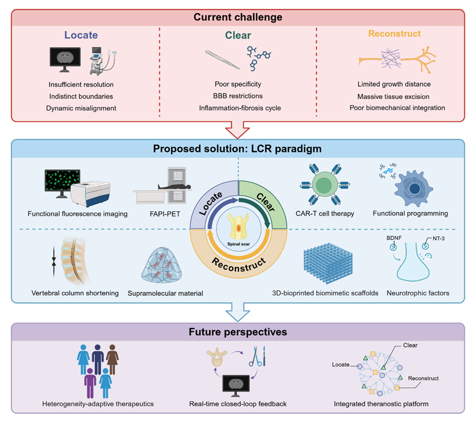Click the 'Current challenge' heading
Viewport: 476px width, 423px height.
pos(238,17)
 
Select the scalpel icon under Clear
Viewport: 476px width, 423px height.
pos(222,59)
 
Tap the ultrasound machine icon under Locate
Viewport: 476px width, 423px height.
pos(103,61)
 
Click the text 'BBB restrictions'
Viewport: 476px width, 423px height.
pos(238,96)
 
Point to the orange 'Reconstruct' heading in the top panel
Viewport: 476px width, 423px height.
pos(395,34)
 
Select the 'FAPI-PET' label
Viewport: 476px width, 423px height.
pos(165,214)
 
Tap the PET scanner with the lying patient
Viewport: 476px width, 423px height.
pos(163,186)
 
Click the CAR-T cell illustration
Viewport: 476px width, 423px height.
pos(325,184)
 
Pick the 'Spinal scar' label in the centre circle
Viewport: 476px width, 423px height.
pos(239,244)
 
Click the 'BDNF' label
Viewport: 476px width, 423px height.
pos(394,238)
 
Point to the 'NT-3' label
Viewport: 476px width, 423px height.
pos(439,238)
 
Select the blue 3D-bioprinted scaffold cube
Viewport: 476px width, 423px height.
pos(328,263)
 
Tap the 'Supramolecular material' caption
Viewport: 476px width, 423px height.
pos(165,293)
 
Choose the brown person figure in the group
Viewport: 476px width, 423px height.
pos(112,359)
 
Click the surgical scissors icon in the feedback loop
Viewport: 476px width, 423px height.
pos(255,357)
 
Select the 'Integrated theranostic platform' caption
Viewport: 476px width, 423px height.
pos(381,404)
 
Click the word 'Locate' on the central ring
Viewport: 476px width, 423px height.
pos(210,204)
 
